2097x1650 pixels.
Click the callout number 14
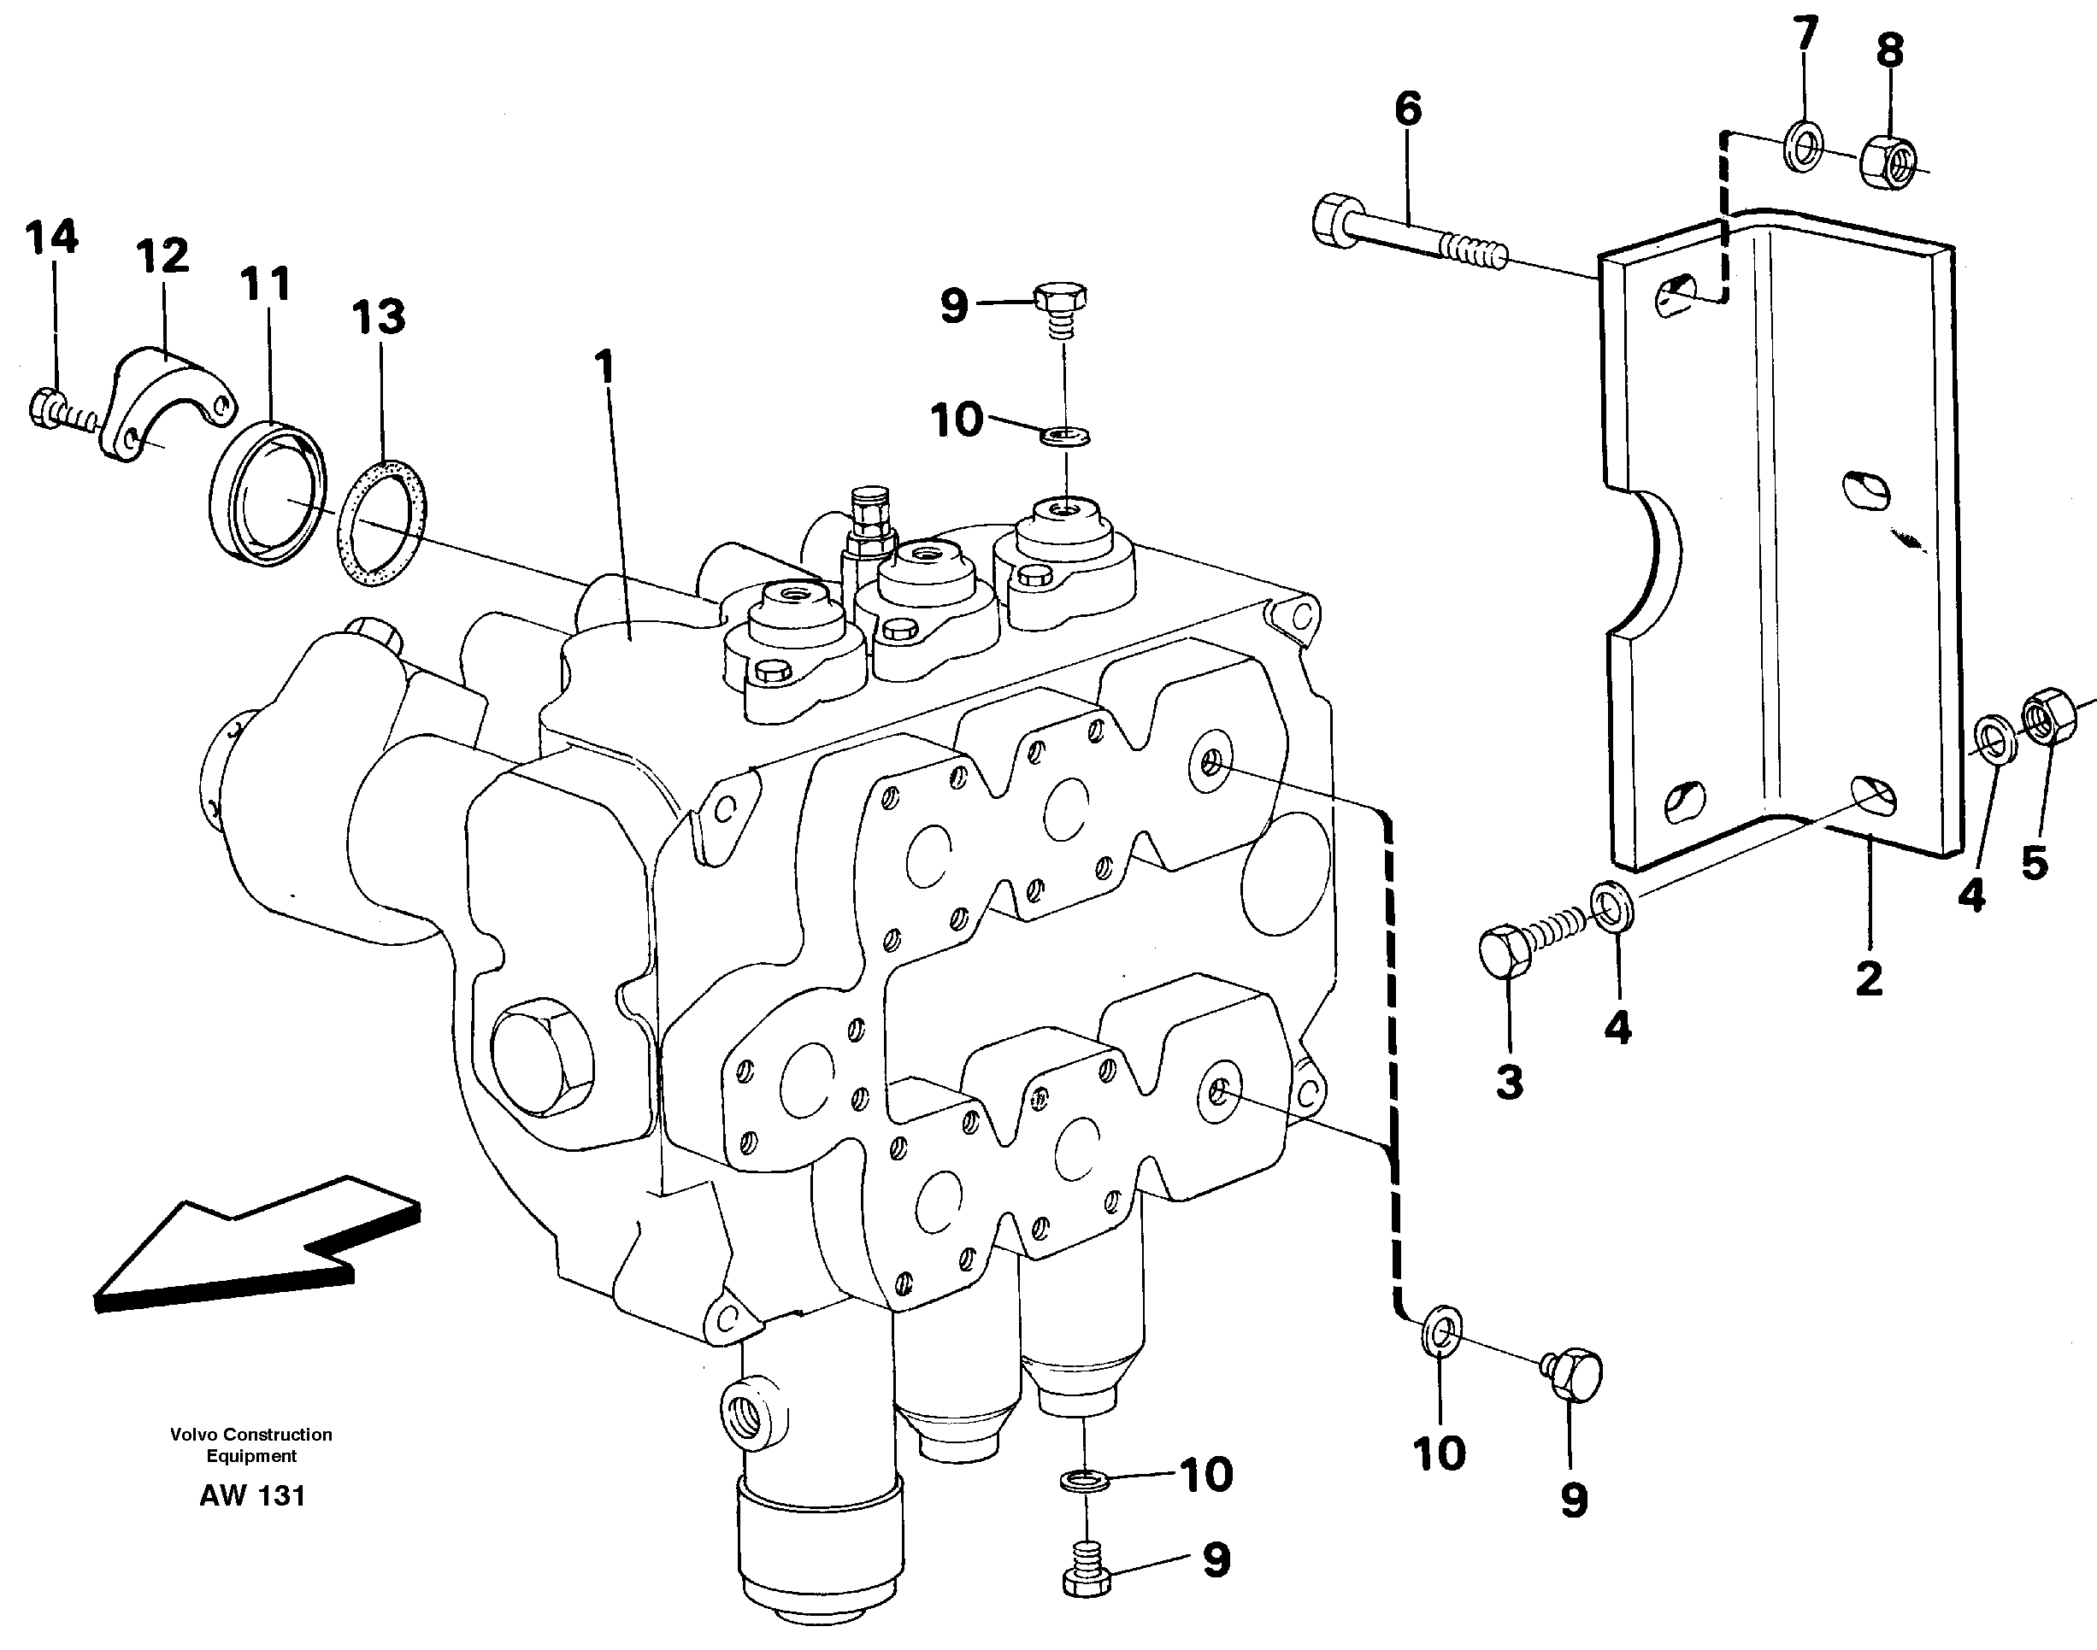point(51,237)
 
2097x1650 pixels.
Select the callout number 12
point(162,257)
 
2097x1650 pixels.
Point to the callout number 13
point(378,317)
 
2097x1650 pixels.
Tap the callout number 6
point(1408,109)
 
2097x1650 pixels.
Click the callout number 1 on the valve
point(605,368)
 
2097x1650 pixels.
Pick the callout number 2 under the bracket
point(1869,978)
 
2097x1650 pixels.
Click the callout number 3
point(1510,1081)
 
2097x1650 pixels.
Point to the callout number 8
point(1890,50)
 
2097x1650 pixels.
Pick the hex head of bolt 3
point(1504,948)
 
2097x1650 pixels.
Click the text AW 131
point(252,1495)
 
